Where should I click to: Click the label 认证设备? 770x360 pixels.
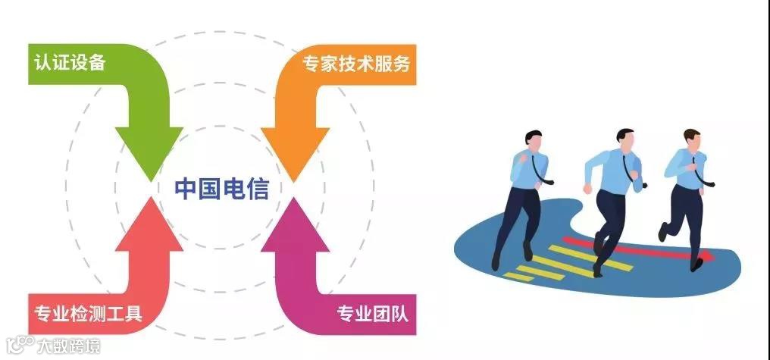pos(69,63)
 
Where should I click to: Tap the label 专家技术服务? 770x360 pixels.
pos(355,64)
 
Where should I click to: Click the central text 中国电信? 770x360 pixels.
pos(222,188)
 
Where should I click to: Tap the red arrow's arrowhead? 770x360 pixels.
pos(148,221)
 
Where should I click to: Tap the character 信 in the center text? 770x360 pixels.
pos(258,188)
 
